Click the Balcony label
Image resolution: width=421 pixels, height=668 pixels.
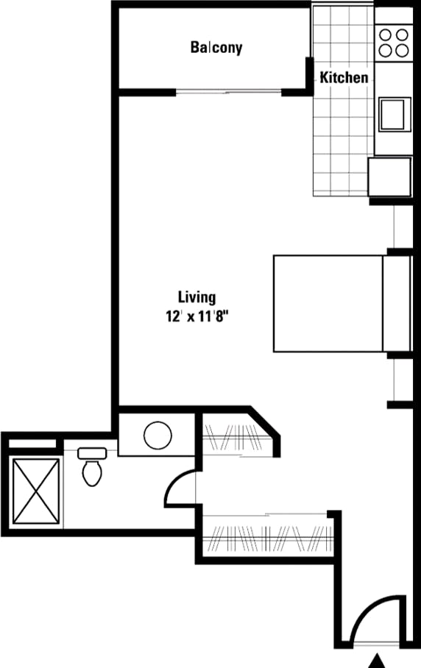point(216,48)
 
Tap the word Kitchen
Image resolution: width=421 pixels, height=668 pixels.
point(343,77)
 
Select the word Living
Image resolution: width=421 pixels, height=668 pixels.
point(197,297)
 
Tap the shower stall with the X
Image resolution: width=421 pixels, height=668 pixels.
point(36,490)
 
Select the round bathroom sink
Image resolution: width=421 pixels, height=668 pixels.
point(158,436)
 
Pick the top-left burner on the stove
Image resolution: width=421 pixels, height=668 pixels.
point(386,35)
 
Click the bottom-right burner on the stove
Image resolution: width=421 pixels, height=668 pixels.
point(402,50)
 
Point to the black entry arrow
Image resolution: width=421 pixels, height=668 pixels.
point(378,661)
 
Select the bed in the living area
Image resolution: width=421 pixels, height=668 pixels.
point(328,303)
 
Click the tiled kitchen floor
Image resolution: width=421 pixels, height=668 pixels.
point(342,140)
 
